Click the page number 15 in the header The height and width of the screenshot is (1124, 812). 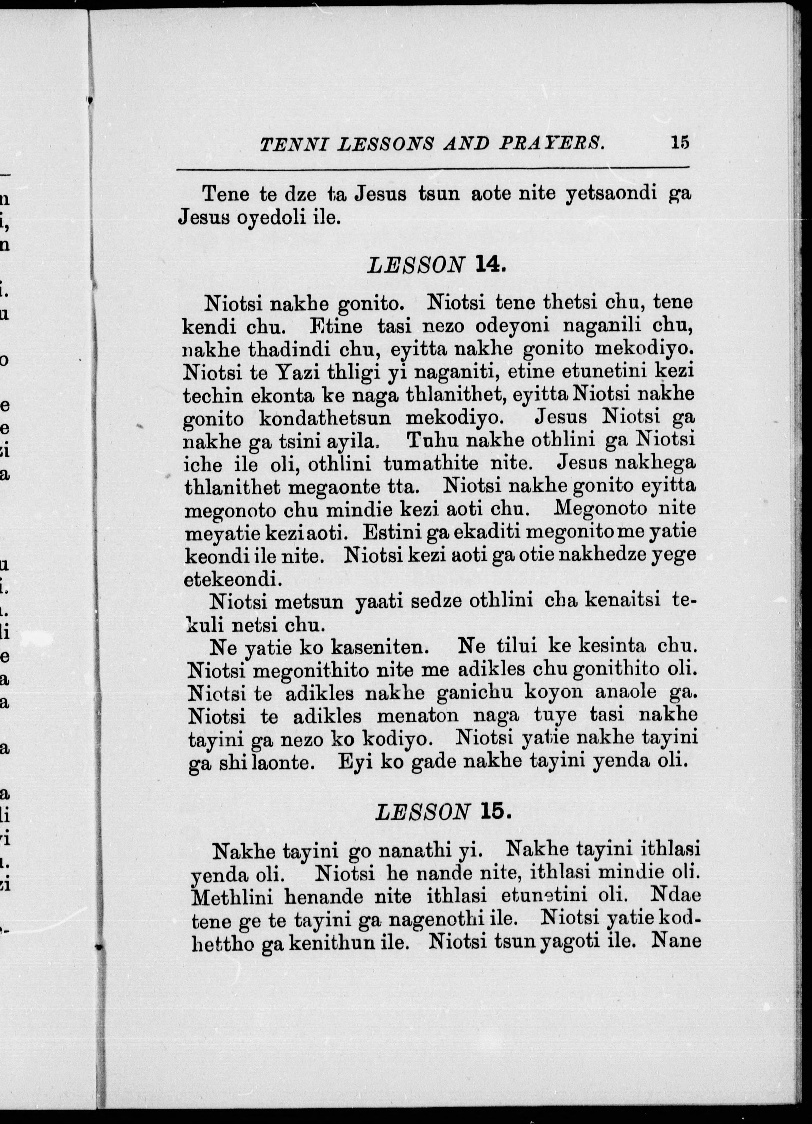pyautogui.click(x=680, y=143)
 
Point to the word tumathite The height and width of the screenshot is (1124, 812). pyautogui.click(x=431, y=464)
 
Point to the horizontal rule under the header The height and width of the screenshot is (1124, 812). pyautogui.click(x=433, y=169)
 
